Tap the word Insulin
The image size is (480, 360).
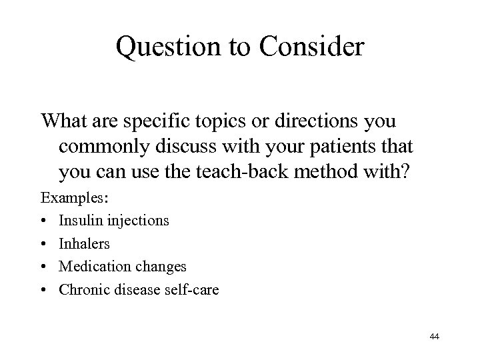click(79, 219)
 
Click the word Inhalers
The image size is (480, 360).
click(84, 243)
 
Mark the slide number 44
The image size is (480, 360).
click(435, 338)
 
